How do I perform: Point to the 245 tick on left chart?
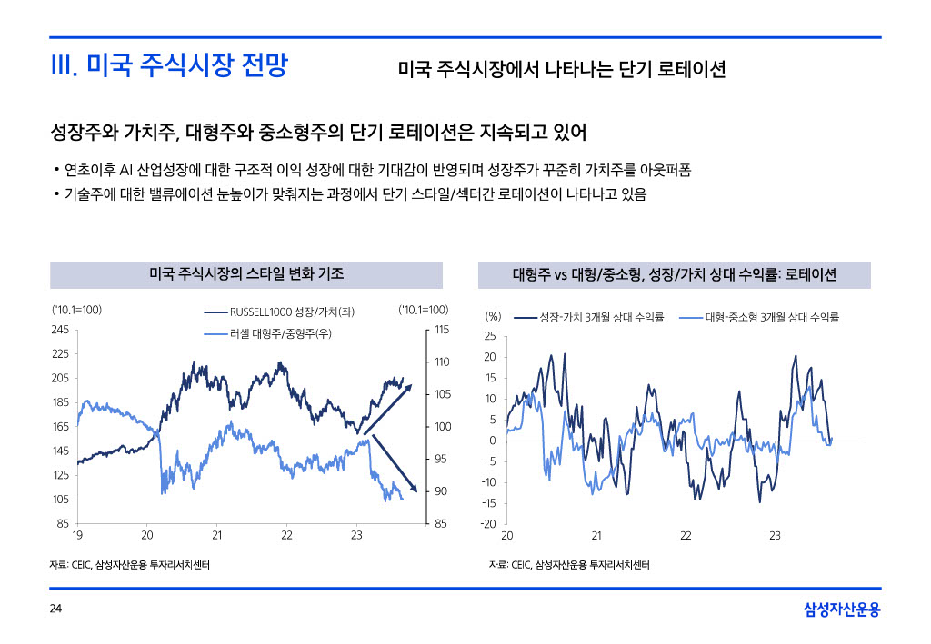click(x=61, y=329)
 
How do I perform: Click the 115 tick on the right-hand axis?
click(x=443, y=329)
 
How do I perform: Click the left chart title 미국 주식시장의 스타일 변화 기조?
click(x=245, y=274)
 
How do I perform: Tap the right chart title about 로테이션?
click(x=674, y=274)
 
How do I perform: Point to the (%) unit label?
click(x=493, y=317)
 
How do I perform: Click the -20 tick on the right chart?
click(x=489, y=524)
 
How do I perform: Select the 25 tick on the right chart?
click(x=491, y=337)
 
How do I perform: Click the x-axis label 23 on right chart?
click(x=775, y=536)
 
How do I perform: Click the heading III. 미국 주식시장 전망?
click(x=168, y=66)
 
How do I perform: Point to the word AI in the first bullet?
click(x=127, y=170)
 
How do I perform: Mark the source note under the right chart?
click(x=569, y=565)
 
